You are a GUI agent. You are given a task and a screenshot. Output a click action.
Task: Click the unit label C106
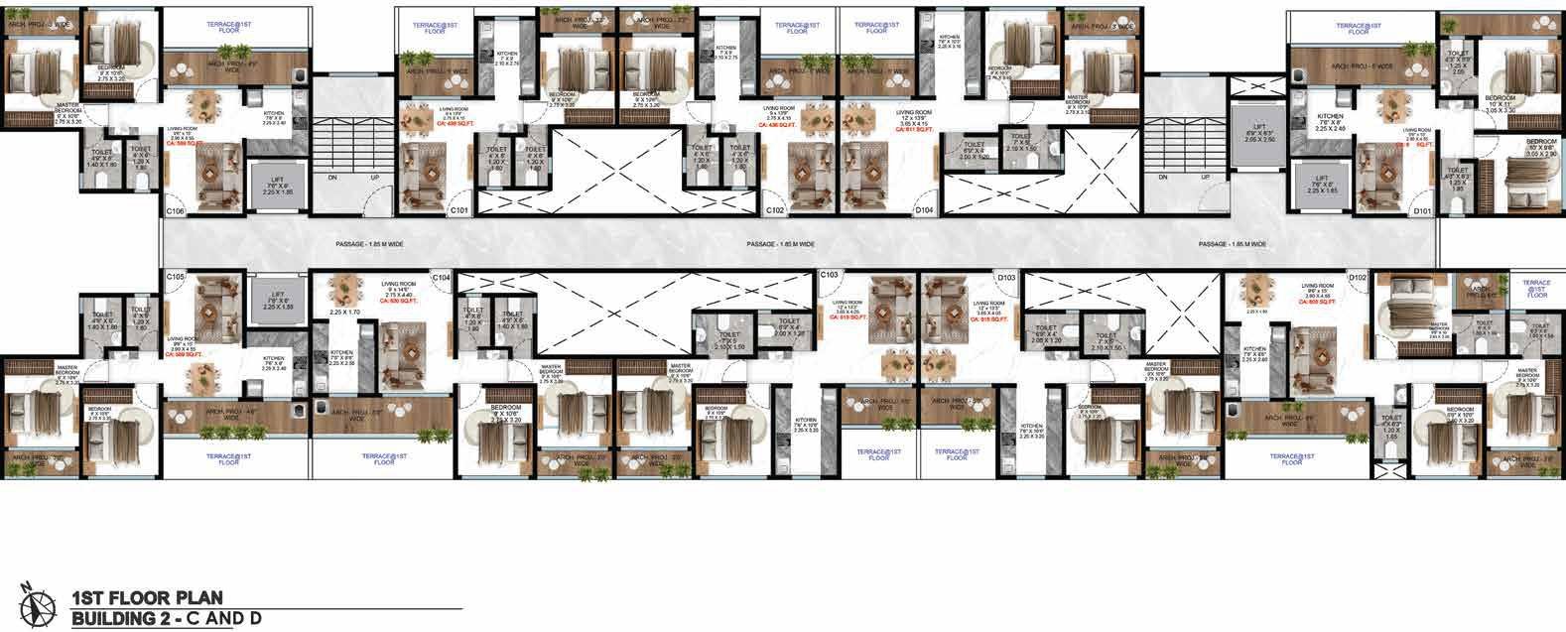175,211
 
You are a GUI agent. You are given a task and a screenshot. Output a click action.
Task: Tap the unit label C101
458,211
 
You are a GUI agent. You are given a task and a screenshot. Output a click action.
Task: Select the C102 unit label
775,211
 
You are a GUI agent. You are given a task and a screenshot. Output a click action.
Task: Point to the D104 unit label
925,211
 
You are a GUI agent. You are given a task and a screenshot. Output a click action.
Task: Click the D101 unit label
1422,211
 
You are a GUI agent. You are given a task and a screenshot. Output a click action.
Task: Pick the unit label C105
175,275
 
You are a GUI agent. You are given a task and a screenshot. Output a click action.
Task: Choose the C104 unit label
441,276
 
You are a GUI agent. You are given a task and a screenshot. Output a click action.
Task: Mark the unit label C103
829,274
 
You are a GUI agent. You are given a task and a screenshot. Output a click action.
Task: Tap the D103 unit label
1005,276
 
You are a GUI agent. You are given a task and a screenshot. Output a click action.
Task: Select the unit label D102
1358,276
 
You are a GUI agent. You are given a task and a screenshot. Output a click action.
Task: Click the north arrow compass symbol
41,604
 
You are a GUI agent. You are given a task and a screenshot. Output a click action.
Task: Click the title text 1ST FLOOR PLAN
146,598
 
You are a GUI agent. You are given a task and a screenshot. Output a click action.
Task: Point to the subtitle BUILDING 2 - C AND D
165,620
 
